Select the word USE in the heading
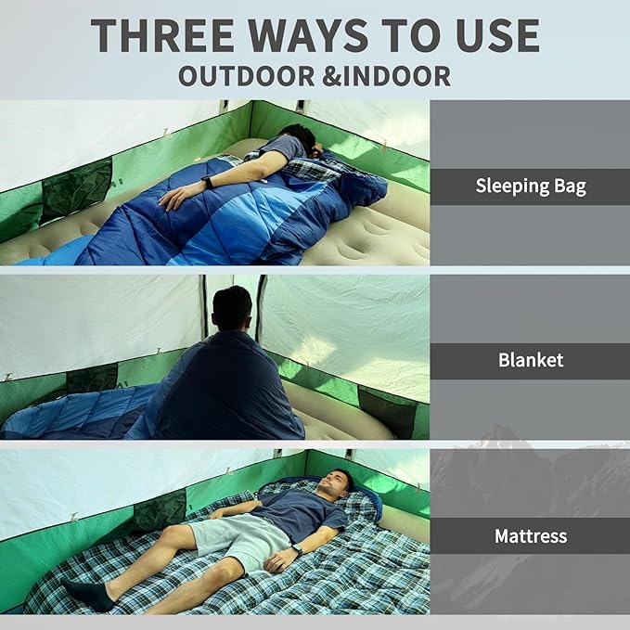pos(497,35)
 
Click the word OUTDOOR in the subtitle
pos(247,76)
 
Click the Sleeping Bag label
pos(531,186)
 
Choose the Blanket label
pos(531,360)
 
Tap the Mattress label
pos(531,536)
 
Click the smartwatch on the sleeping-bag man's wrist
pos(208,183)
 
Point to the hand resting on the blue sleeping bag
pos(175,197)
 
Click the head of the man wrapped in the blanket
pos(232,307)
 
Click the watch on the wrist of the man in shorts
pos(297,549)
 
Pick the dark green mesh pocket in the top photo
pos(77,186)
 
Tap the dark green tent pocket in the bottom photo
pos(159,510)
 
